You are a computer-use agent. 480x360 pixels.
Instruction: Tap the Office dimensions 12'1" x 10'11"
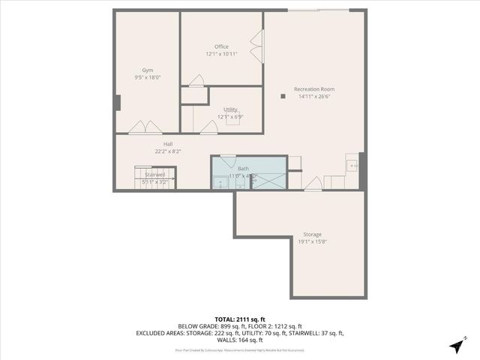pyautogui.click(x=221, y=54)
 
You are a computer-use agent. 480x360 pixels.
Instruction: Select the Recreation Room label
pyautogui.click(x=313, y=88)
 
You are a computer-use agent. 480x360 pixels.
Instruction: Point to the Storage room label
pyautogui.click(x=313, y=234)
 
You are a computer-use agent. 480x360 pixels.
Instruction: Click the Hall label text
pyautogui.click(x=169, y=144)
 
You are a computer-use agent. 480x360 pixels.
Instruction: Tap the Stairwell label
pyautogui.click(x=155, y=174)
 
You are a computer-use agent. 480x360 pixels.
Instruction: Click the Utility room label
pyautogui.click(x=230, y=109)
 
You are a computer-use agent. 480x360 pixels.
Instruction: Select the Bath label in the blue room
pyautogui.click(x=243, y=169)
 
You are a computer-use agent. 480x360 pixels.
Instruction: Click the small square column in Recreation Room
pyautogui.click(x=283, y=96)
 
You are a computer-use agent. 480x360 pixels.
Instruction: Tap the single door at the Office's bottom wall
pyautogui.click(x=196, y=80)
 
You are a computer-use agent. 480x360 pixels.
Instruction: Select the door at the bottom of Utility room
pyautogui.click(x=208, y=127)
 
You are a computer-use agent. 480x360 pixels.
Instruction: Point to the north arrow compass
pyautogui.click(x=456, y=346)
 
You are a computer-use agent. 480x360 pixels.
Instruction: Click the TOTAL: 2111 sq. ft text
pyautogui.click(x=240, y=319)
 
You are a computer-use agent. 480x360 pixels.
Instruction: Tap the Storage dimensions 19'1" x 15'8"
pyautogui.click(x=313, y=241)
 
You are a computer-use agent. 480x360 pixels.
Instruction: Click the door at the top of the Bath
pyautogui.click(x=228, y=160)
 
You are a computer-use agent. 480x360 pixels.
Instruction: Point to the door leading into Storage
pyautogui.click(x=313, y=184)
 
